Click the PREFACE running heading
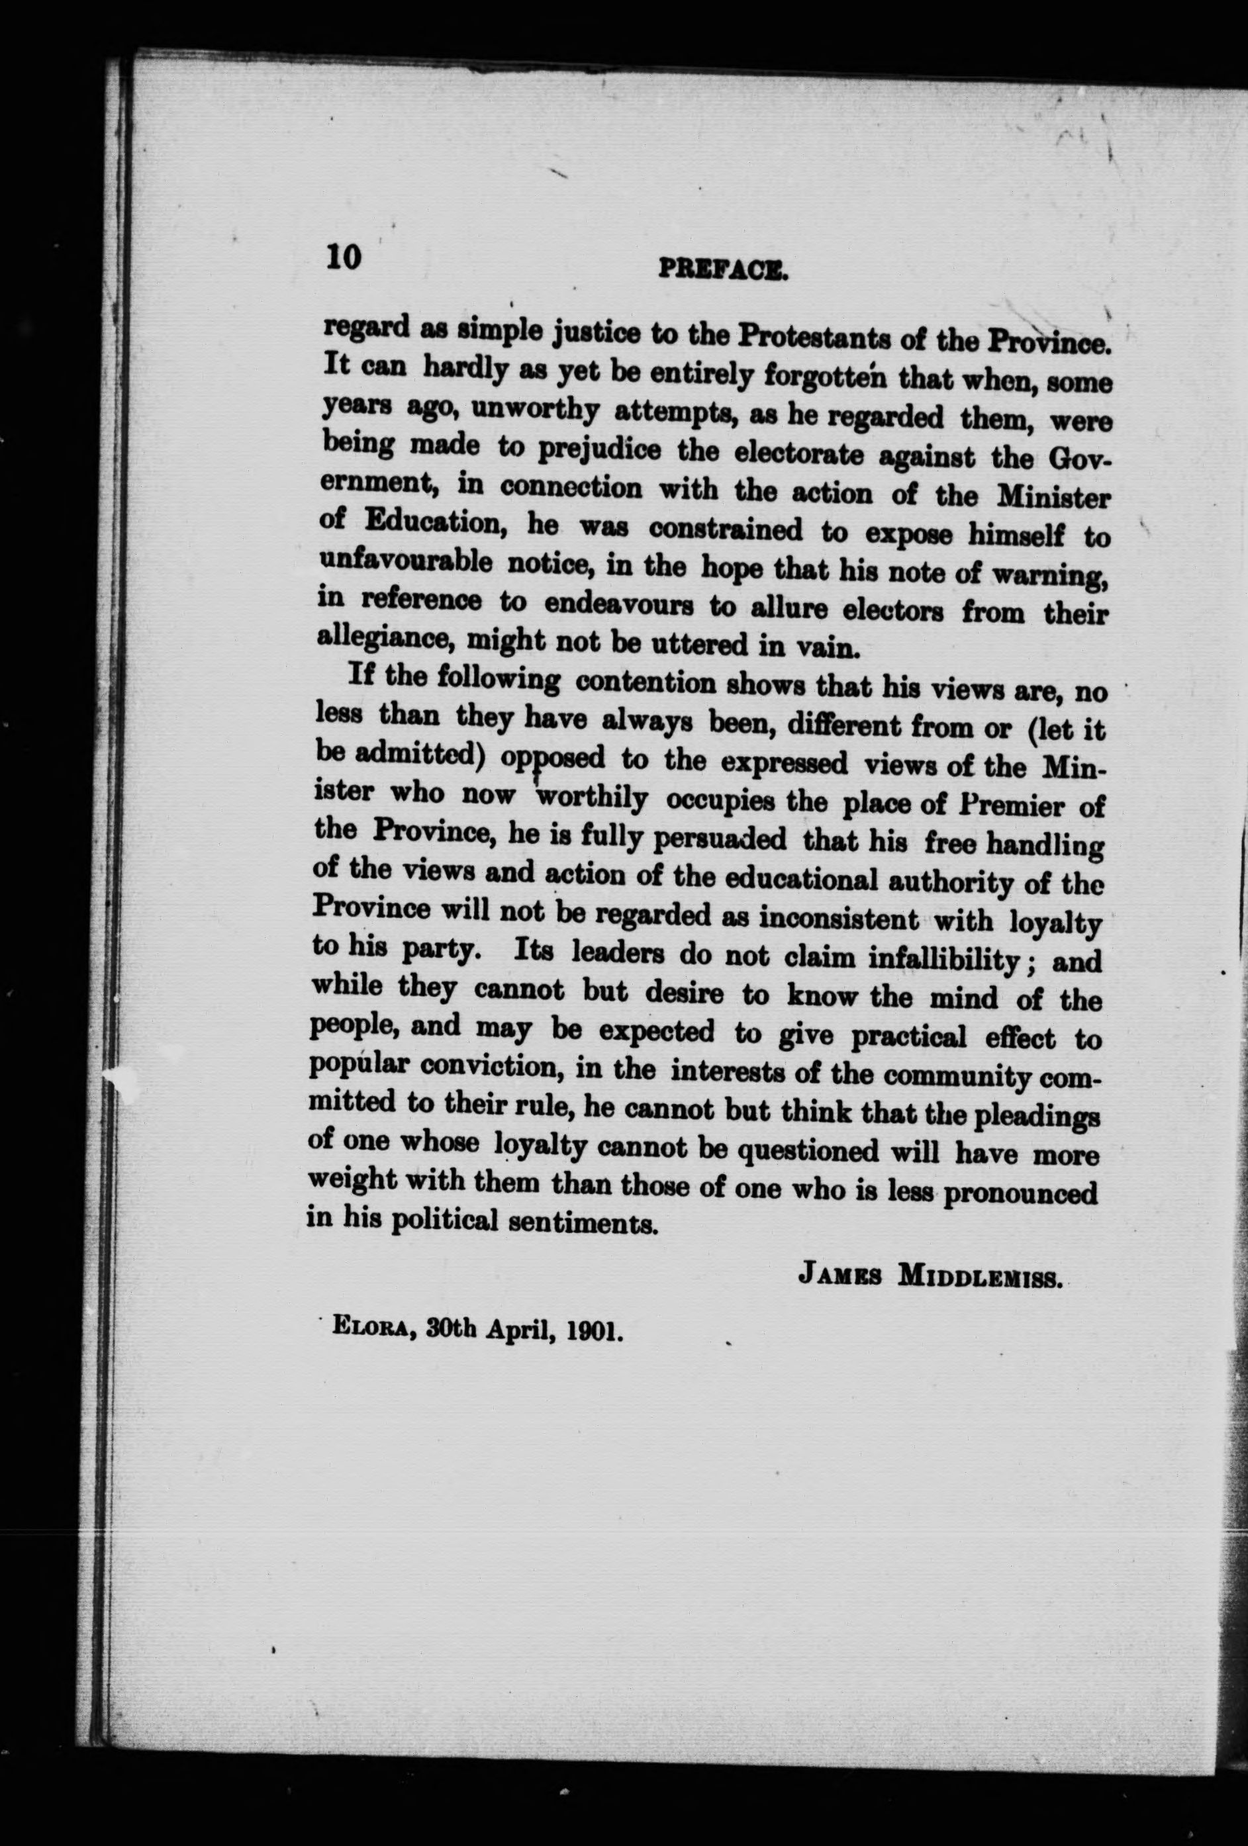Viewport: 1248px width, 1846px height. click(x=722, y=273)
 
